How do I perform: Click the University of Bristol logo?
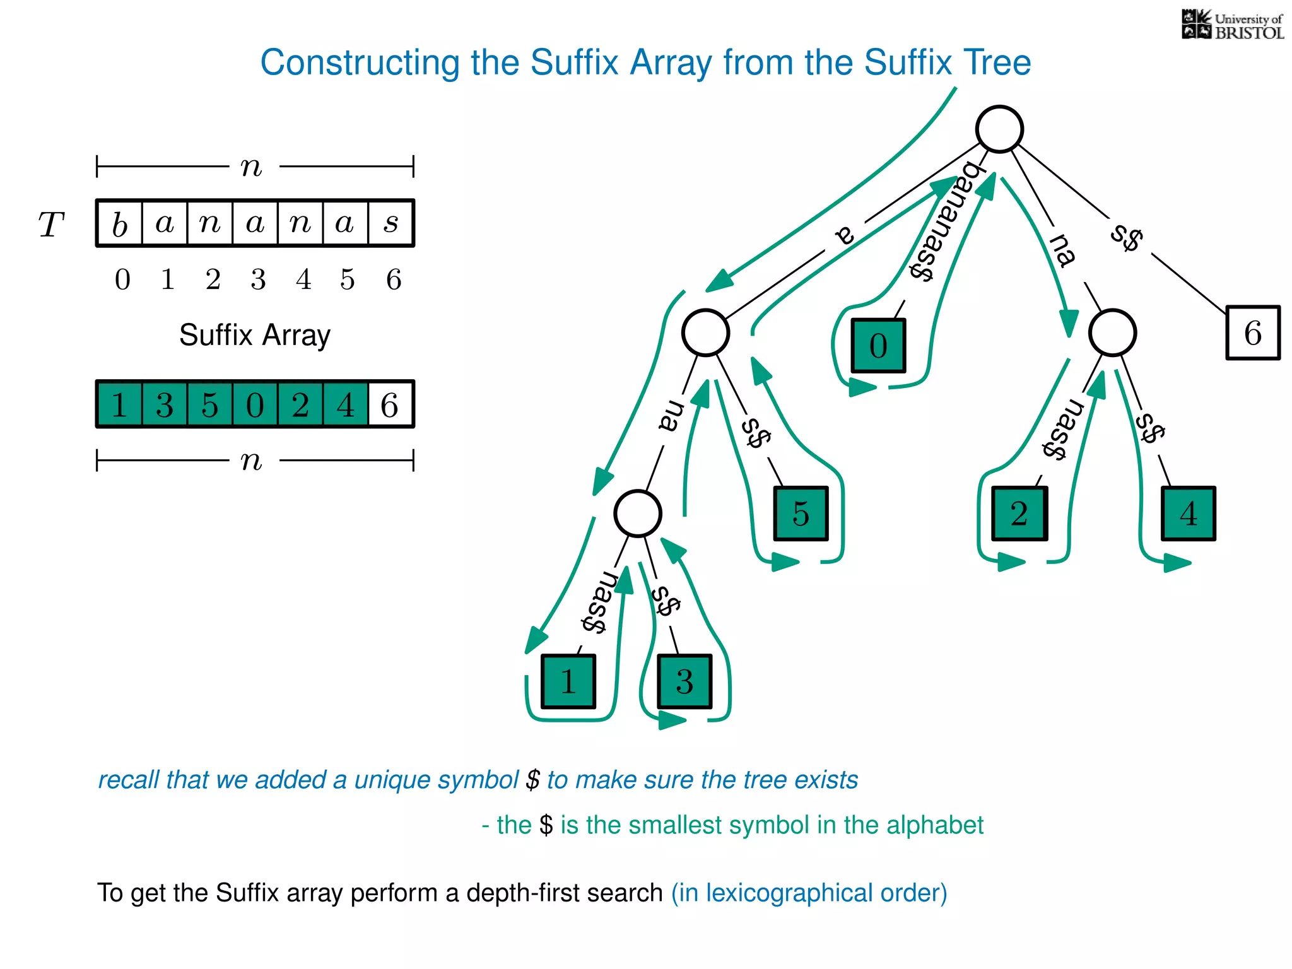[x=1232, y=25]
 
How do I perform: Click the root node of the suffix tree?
[x=999, y=129]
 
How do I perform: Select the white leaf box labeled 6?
[x=1253, y=333]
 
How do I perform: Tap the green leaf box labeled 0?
[x=878, y=346]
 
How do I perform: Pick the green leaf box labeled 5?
[x=801, y=514]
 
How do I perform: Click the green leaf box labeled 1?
[x=568, y=681]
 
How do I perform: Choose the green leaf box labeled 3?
[x=684, y=681]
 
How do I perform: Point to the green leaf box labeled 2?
[x=1019, y=514]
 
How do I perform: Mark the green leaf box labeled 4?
[x=1189, y=514]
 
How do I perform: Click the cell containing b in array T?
[x=120, y=223]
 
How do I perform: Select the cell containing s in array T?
[x=391, y=223]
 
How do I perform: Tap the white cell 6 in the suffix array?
[x=391, y=404]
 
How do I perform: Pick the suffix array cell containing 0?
[x=255, y=404]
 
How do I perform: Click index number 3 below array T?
[x=258, y=279]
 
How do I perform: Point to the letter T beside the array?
[x=52, y=225]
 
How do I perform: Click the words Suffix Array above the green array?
[x=254, y=335]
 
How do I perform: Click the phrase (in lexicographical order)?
[x=809, y=893]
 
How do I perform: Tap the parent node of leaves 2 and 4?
[x=1113, y=332]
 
